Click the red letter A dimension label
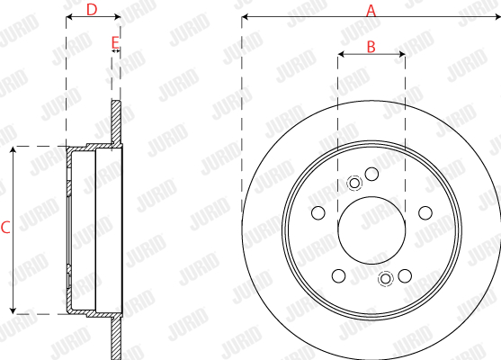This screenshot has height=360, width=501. point(371,10)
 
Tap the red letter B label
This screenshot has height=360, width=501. point(371,47)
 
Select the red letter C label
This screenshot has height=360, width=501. point(5,228)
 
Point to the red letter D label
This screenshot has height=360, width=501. point(92,10)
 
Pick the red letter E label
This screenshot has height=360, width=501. point(115,42)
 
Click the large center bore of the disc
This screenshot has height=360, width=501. point(371,230)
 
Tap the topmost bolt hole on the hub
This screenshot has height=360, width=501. point(371,175)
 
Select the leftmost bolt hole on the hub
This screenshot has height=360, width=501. point(318,213)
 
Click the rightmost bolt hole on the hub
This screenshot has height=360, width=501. point(425,213)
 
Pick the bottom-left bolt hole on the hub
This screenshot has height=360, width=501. point(339,276)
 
